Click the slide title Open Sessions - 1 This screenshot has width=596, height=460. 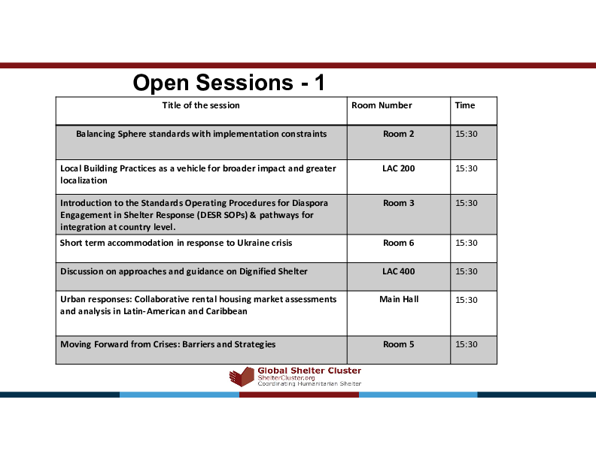[229, 83]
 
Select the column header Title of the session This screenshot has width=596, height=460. [201, 105]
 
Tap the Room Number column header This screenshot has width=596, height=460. [382, 105]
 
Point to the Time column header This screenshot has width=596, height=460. [464, 105]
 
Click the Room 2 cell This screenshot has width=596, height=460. [399, 134]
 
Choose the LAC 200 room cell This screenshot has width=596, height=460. [399, 168]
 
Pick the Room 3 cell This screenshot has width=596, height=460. [399, 203]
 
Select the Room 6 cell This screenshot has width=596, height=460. [399, 243]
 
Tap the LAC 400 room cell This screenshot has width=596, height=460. [399, 271]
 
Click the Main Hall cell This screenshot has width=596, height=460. [399, 299]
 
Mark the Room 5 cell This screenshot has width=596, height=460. [399, 344]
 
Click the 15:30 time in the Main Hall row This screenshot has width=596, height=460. [467, 300]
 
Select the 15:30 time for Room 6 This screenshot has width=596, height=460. [467, 244]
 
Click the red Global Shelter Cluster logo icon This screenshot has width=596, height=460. [242, 377]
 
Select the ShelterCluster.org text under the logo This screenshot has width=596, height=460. [286, 377]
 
